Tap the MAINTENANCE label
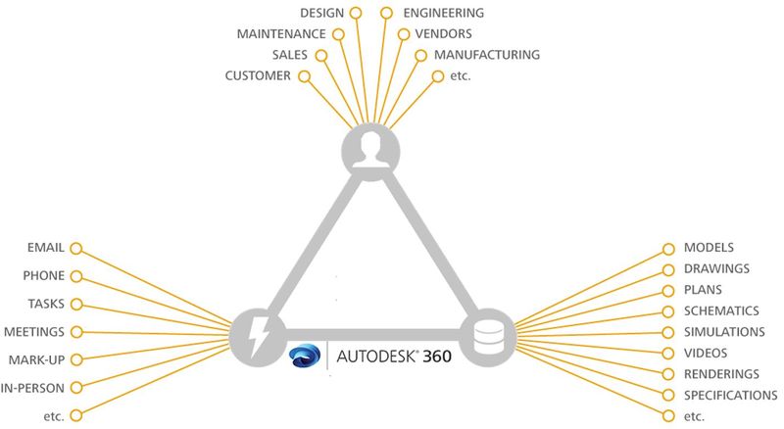[281, 34]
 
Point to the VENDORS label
[444, 34]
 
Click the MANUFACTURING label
[486, 55]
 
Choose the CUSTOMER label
[258, 75]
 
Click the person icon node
[370, 151]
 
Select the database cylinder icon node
[487, 336]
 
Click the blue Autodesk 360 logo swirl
[307, 356]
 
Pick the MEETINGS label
[34, 332]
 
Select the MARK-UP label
[37, 359]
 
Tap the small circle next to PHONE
[76, 276]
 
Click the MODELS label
[709, 249]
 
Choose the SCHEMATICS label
[724, 311]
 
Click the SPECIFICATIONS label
[731, 395]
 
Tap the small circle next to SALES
[320, 54]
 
